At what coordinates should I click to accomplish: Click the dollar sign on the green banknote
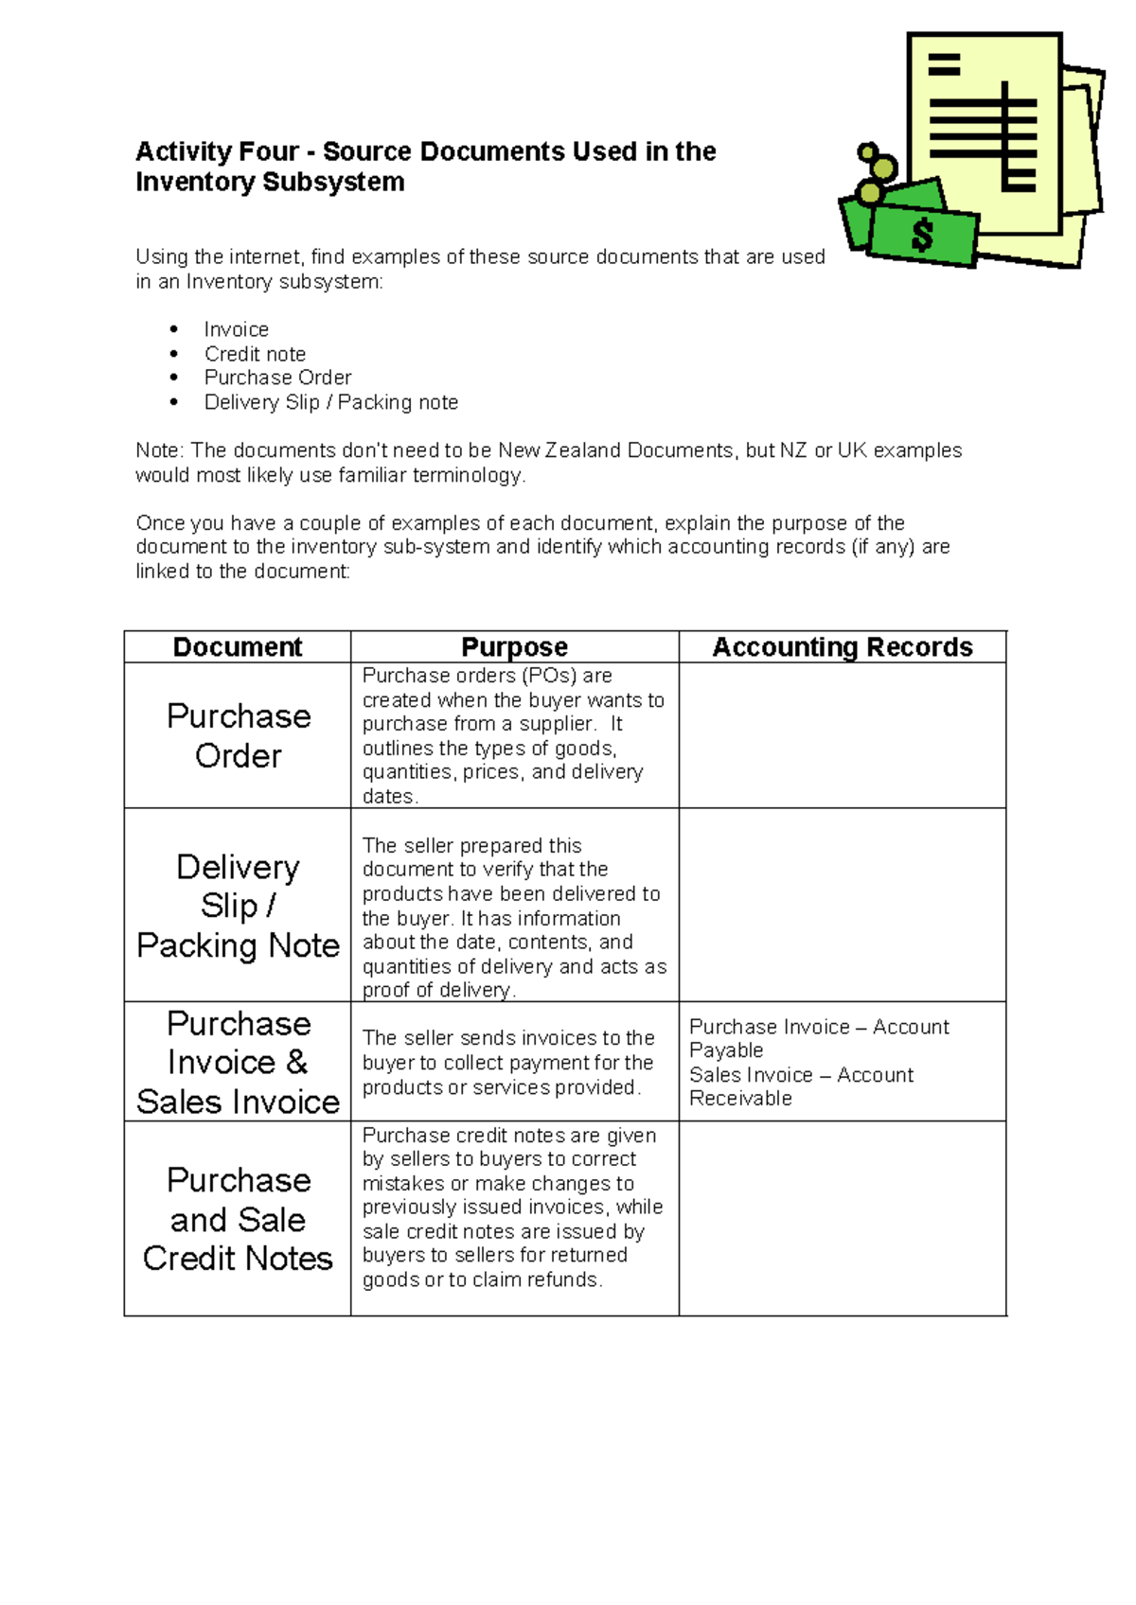tap(921, 235)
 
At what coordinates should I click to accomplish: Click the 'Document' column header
tap(237, 647)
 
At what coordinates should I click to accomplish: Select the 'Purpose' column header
tap(514, 647)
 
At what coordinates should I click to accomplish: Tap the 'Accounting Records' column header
tap(842, 647)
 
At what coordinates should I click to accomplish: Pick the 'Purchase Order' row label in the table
tap(238, 735)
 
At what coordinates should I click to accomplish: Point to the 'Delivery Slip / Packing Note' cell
tap(238, 906)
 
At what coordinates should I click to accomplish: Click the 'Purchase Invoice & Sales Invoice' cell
tap(238, 1062)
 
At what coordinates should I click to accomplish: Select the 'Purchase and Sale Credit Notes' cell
tap(238, 1219)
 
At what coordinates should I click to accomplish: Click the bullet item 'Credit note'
tap(255, 354)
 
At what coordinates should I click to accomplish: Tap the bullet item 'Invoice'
tap(236, 329)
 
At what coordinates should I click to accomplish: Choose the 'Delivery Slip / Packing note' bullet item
tap(330, 402)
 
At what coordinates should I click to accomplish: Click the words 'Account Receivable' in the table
tap(800, 1086)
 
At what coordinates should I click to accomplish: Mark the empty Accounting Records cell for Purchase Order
tap(842, 735)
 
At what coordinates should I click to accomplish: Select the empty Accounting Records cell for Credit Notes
tap(842, 1219)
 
